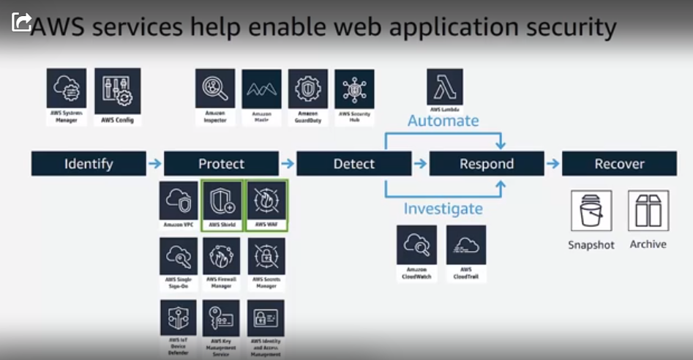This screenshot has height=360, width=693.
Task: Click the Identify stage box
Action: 89,164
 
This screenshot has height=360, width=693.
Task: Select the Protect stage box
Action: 221,164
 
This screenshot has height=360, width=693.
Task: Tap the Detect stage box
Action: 354,164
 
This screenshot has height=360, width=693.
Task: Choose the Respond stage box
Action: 487,164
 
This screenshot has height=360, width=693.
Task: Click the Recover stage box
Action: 619,164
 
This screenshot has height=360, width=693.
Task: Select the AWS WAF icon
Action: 266,202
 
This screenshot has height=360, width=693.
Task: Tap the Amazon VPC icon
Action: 179,202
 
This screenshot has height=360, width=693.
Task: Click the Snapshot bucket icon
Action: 591,211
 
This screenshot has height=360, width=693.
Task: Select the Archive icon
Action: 648,211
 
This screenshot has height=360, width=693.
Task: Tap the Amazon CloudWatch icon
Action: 416,245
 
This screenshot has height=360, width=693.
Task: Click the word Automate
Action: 443,121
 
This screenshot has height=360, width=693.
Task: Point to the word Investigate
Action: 443,209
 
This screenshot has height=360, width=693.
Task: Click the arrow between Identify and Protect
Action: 154,164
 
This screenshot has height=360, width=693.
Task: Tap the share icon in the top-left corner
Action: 21,21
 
